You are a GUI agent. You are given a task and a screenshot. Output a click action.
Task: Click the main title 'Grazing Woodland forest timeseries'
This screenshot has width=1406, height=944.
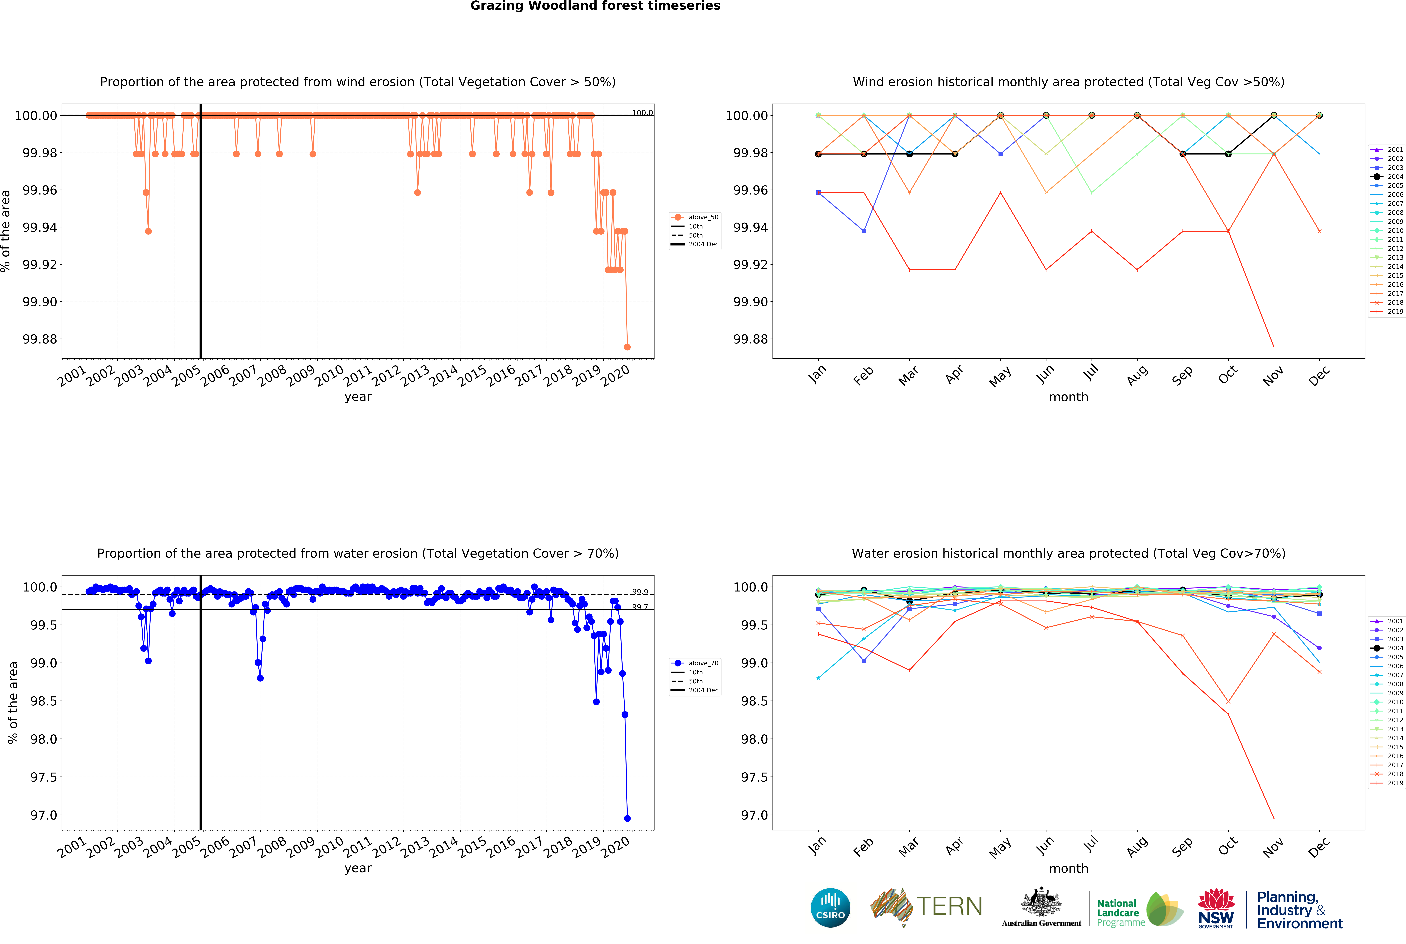(x=595, y=6)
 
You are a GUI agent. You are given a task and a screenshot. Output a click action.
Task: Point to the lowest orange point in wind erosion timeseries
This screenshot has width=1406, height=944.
(x=627, y=347)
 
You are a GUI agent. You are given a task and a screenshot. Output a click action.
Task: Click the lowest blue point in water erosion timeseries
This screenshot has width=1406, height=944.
(x=627, y=818)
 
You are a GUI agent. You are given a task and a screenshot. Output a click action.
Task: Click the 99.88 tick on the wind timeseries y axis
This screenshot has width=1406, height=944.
(x=40, y=339)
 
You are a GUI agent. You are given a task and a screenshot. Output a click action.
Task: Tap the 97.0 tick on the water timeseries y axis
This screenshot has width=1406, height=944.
(x=44, y=815)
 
